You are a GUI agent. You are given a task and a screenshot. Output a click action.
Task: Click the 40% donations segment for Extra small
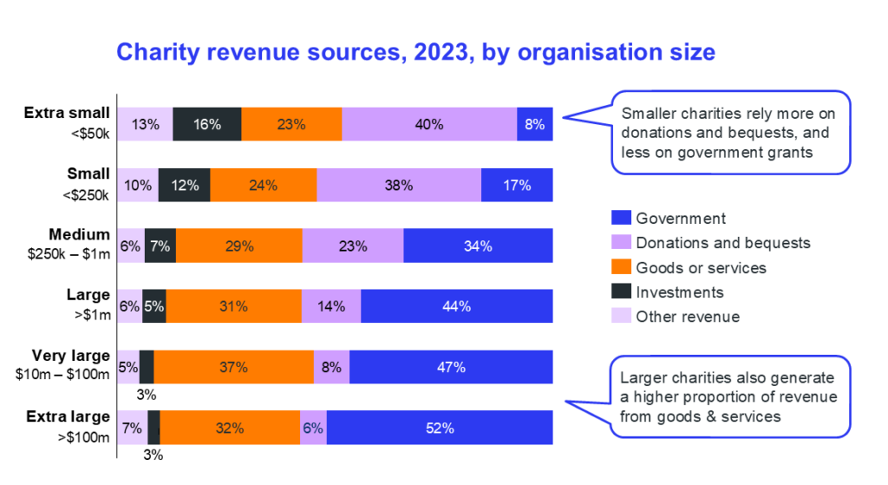click(x=429, y=124)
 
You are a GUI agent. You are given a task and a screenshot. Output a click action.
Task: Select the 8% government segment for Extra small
click(x=534, y=124)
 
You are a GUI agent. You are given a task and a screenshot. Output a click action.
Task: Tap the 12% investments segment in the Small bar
click(x=185, y=185)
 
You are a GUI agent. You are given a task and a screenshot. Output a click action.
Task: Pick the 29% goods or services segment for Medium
click(x=239, y=246)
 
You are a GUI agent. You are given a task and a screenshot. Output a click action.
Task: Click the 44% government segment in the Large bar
click(x=456, y=306)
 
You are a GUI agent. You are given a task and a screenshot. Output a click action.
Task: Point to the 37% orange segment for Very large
click(x=234, y=367)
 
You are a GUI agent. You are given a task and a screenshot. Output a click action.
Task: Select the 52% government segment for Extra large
click(x=440, y=428)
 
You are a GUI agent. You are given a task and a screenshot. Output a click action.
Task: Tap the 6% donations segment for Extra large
click(x=313, y=428)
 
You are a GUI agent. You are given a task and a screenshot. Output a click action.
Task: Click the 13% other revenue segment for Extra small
click(x=145, y=124)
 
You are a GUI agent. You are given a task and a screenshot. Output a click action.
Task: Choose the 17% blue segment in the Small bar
click(x=517, y=185)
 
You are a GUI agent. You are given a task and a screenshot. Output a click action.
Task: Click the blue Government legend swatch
click(x=621, y=218)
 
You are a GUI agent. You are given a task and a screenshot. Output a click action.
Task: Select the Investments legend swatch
click(x=621, y=292)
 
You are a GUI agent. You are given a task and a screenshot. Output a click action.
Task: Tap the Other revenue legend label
click(x=688, y=316)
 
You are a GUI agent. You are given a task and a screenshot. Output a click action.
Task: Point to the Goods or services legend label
click(x=701, y=267)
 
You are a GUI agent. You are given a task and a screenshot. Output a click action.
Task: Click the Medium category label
click(x=79, y=234)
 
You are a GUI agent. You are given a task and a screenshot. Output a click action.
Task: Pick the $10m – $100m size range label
click(x=62, y=375)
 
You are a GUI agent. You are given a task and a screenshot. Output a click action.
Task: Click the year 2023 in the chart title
click(x=441, y=52)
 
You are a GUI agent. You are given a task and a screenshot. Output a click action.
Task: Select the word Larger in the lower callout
click(x=643, y=378)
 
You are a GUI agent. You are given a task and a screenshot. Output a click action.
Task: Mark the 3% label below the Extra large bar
click(x=153, y=455)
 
